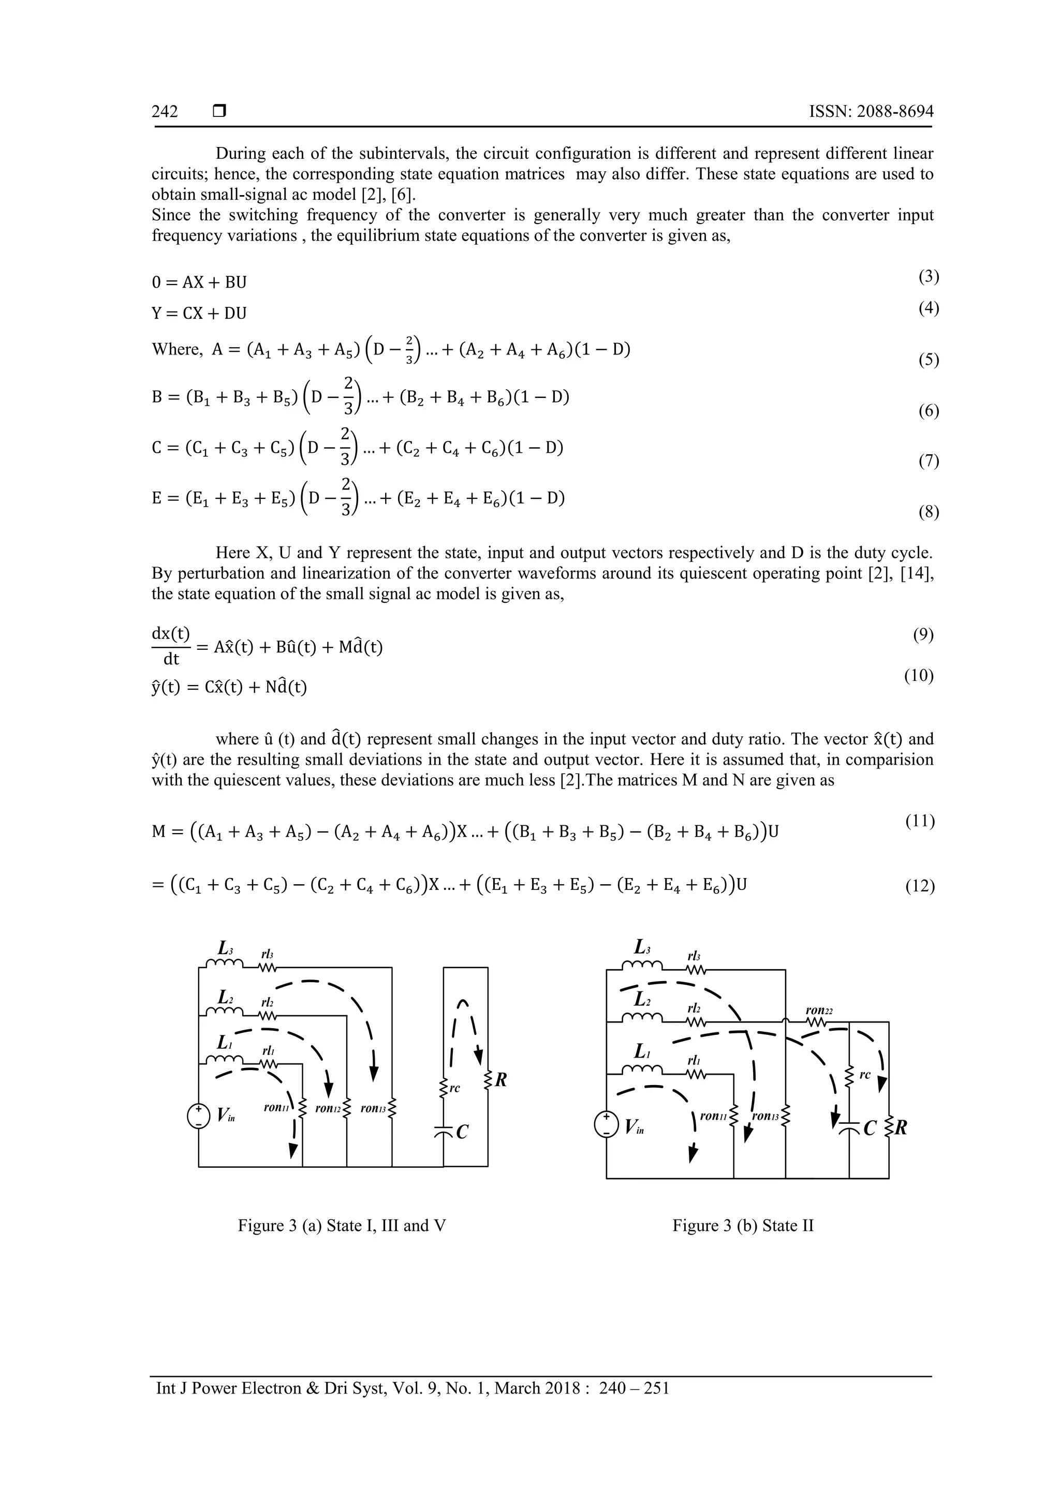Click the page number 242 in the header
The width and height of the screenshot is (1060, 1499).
[x=165, y=112]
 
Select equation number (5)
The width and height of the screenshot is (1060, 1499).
[x=928, y=360]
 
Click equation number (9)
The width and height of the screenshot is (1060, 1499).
[x=923, y=634]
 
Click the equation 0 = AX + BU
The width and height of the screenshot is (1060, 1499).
[x=199, y=283]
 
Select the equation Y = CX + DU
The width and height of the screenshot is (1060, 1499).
[x=199, y=314]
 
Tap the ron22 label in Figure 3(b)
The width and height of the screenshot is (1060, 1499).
[x=818, y=1011]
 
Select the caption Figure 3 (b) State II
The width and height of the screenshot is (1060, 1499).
[x=743, y=1225]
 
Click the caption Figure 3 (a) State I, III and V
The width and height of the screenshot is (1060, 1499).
[x=342, y=1225]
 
